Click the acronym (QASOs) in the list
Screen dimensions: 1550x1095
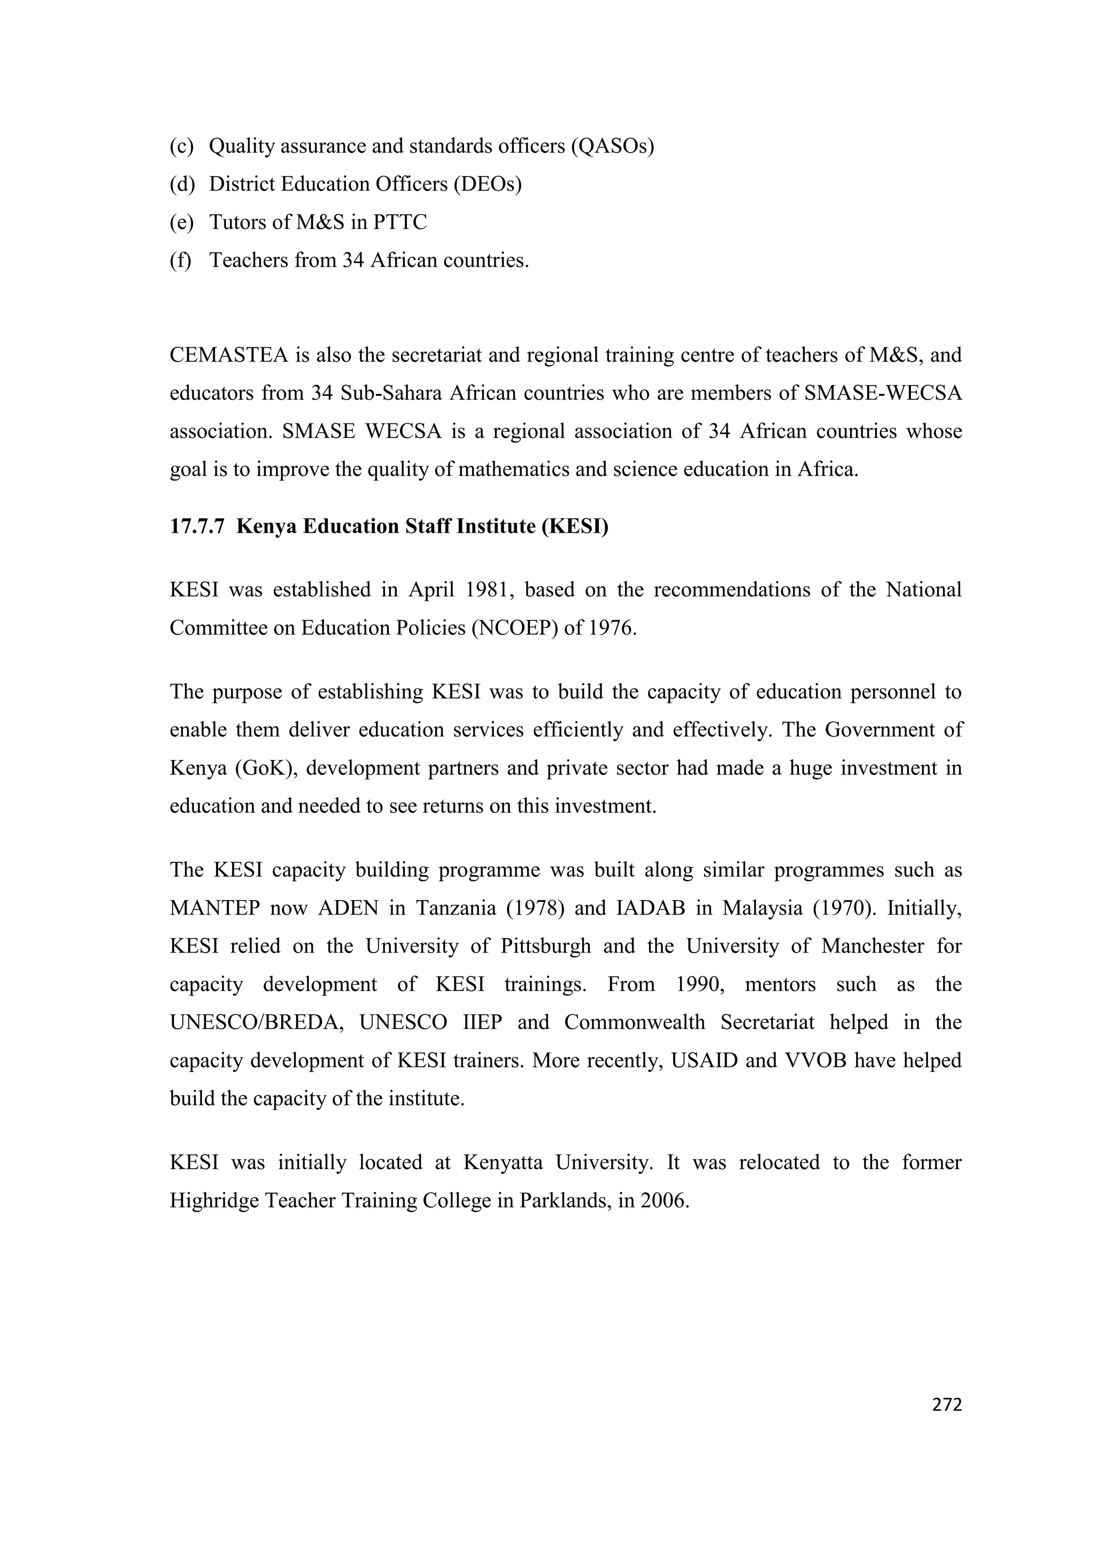[612, 146]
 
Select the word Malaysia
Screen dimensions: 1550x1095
[762, 908]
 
